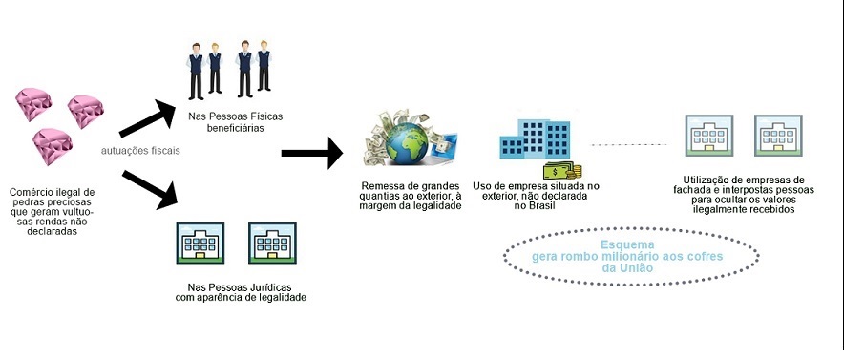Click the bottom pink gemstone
click(52, 146)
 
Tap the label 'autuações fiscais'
click(141, 150)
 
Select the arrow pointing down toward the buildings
click(152, 187)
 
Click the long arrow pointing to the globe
click(311, 151)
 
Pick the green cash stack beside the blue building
click(562, 171)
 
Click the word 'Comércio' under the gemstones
click(34, 192)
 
